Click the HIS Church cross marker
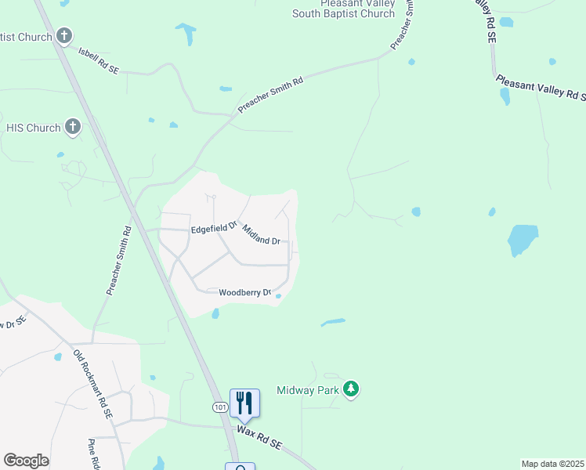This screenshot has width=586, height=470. click(73, 127)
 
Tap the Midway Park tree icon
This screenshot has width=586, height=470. click(352, 389)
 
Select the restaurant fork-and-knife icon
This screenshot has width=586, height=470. click(244, 403)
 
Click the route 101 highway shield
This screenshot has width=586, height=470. click(219, 407)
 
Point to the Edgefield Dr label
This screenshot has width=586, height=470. click(214, 228)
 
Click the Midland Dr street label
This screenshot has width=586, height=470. click(261, 235)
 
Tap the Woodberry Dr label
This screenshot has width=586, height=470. click(244, 292)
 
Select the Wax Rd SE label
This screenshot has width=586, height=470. click(259, 437)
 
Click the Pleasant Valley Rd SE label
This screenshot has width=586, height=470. click(540, 87)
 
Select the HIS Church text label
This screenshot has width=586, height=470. click(33, 127)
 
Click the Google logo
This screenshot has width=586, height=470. click(26, 461)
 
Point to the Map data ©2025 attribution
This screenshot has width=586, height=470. click(553, 464)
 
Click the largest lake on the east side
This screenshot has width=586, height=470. click(522, 239)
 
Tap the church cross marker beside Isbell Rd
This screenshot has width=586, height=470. click(64, 36)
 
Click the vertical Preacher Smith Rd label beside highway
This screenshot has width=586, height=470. click(118, 261)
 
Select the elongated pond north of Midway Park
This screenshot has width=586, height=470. click(333, 321)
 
